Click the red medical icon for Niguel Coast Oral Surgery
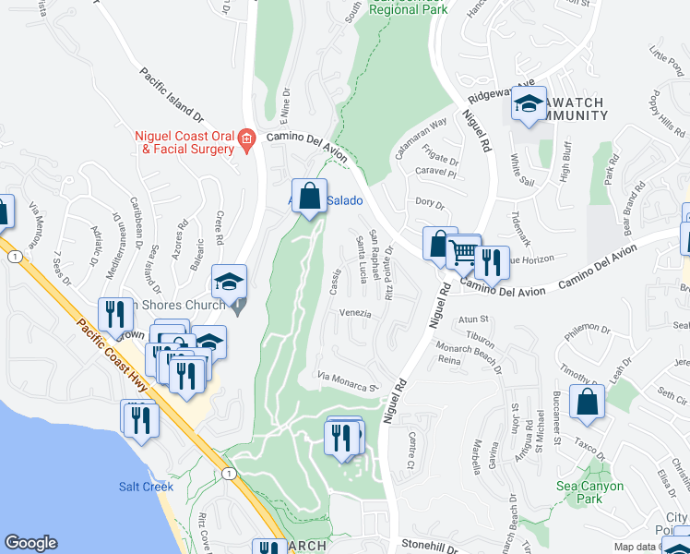(x=246, y=139)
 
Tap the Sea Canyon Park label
(x=590, y=492)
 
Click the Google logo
(x=30, y=543)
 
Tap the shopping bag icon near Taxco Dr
(x=587, y=402)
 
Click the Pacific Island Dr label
(x=172, y=94)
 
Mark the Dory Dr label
(x=430, y=201)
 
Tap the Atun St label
(x=471, y=319)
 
